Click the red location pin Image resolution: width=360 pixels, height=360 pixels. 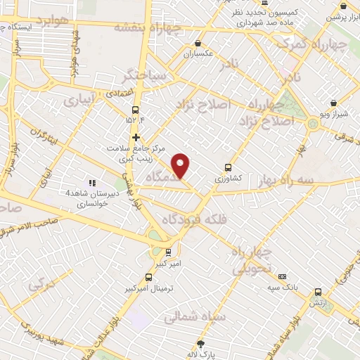pyautogui.click(x=181, y=165)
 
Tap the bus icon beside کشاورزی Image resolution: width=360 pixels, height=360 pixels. pyautogui.click(x=227, y=167)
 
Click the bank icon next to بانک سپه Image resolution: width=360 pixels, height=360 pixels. pyautogui.click(x=283, y=277)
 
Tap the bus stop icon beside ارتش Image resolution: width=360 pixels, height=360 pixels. pyautogui.click(x=318, y=292)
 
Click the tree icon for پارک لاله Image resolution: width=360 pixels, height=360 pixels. pyautogui.click(x=201, y=344)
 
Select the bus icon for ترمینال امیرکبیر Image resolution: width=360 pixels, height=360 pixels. pyautogui.click(x=148, y=278)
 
